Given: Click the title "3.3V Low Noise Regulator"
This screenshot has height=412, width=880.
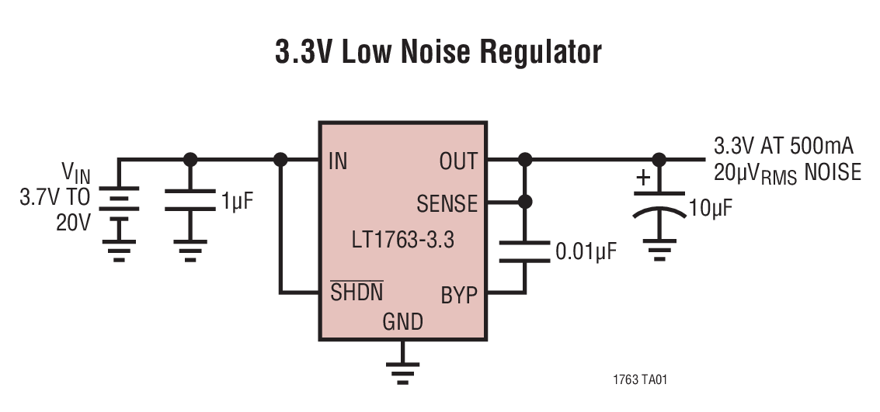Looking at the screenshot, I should click(438, 53).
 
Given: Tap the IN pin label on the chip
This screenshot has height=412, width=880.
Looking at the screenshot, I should click(338, 161).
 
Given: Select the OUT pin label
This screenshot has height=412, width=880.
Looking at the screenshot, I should click(458, 161).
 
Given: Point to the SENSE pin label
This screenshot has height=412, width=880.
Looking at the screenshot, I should click(447, 204).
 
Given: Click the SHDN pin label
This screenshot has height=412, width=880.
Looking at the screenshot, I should click(357, 293).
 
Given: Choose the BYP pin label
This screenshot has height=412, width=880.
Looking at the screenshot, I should click(459, 296).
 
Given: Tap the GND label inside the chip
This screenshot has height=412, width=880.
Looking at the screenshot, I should click(402, 321).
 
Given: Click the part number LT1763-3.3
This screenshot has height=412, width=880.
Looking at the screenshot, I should click(402, 240).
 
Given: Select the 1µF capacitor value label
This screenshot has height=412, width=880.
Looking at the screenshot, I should click(238, 203).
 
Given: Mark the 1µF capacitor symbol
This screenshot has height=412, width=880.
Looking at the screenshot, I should click(190, 201).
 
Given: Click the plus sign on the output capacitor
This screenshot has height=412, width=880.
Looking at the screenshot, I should click(642, 178).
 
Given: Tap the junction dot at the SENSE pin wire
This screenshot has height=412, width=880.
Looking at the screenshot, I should click(525, 202).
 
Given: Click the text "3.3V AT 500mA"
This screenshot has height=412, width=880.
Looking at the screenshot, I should click(785, 147).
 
